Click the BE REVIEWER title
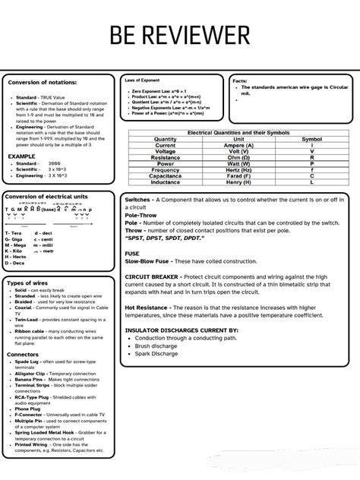(179, 35)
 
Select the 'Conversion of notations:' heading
(44, 82)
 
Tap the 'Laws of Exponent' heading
(142, 79)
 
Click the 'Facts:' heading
(239, 81)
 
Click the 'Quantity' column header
(165, 139)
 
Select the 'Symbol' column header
(311, 139)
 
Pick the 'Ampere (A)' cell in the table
(238, 145)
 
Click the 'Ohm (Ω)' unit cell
(238, 157)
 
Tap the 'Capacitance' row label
(165, 176)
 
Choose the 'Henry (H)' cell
(238, 182)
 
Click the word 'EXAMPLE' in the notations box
(22, 156)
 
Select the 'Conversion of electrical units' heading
(46, 197)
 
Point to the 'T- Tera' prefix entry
(17, 233)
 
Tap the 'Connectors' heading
(23, 354)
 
